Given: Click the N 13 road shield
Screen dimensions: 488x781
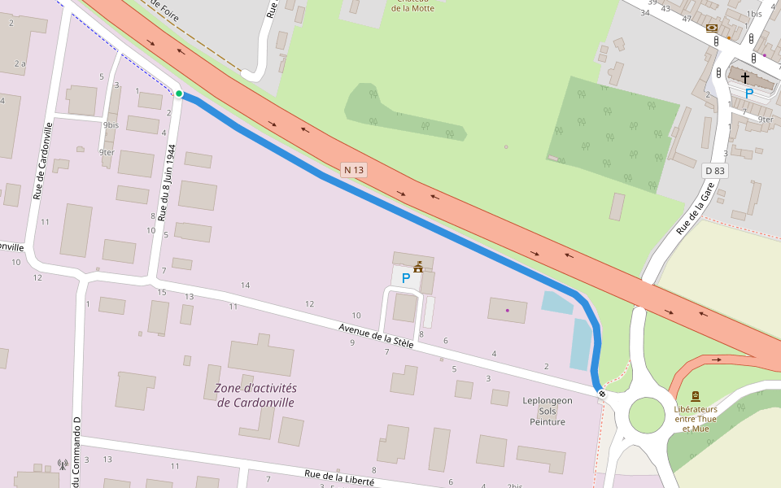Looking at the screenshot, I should pyautogui.click(x=354, y=170).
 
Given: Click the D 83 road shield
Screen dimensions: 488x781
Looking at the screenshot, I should pyautogui.click(x=714, y=171).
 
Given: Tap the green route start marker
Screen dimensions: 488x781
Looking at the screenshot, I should pyautogui.click(x=179, y=94).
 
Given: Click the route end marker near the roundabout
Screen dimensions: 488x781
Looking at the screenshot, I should pyautogui.click(x=602, y=394).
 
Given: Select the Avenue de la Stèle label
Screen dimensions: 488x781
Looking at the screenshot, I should pyautogui.click(x=377, y=336).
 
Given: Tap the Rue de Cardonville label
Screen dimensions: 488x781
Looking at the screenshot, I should pyautogui.click(x=42, y=161).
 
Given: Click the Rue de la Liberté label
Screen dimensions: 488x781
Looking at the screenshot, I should pyautogui.click(x=338, y=478).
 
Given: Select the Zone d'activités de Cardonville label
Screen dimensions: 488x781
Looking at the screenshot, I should pyautogui.click(x=255, y=395).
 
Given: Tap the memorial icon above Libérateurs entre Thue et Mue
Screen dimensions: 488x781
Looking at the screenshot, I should pyautogui.click(x=695, y=396).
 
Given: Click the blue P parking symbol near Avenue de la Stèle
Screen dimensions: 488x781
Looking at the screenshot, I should pyautogui.click(x=406, y=278).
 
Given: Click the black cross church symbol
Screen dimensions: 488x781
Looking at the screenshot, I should pyautogui.click(x=744, y=78).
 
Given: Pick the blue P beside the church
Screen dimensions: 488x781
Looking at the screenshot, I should pyautogui.click(x=749, y=94).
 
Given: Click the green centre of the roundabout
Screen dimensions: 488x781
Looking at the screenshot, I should pyautogui.click(x=647, y=414).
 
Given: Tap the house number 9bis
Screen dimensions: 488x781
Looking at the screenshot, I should pyautogui.click(x=111, y=125).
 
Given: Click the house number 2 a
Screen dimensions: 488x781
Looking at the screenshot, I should pyautogui.click(x=19, y=63).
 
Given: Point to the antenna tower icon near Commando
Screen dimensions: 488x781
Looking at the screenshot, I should pyautogui.click(x=62, y=465).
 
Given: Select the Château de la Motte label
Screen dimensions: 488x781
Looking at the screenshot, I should pyautogui.click(x=412, y=7).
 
